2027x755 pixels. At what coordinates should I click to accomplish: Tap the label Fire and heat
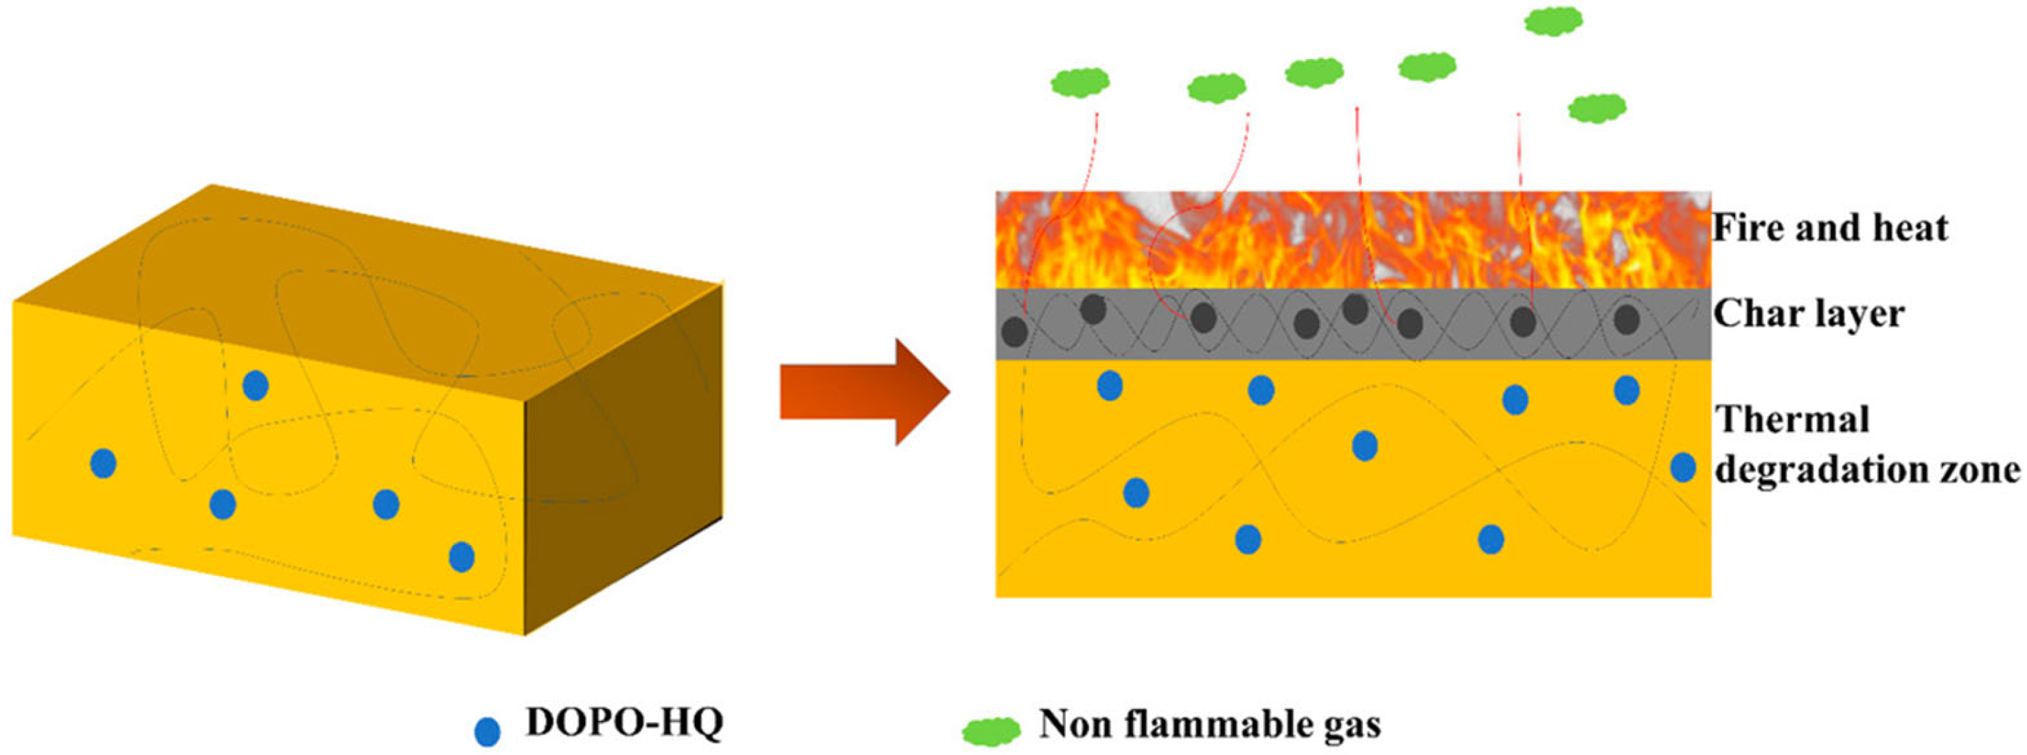click(1829, 228)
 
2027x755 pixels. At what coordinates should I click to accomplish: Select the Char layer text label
click(1808, 314)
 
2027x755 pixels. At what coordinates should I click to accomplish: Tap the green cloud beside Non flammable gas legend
click(991, 730)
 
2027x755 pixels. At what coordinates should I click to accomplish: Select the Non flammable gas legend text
click(1209, 724)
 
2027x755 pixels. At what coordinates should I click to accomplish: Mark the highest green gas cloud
click(1553, 21)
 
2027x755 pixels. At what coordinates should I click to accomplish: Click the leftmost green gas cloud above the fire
click(1079, 80)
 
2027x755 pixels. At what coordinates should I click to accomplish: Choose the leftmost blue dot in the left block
click(103, 463)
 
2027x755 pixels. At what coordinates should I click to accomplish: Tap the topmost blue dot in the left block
click(255, 385)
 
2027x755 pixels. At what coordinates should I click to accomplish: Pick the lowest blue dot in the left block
click(461, 557)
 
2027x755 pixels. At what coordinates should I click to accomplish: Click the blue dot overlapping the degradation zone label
click(1683, 467)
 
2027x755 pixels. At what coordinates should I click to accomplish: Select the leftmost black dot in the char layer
click(1014, 331)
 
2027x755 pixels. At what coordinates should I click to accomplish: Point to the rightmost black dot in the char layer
click(1627, 319)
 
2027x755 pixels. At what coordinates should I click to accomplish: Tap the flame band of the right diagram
click(1353, 240)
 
